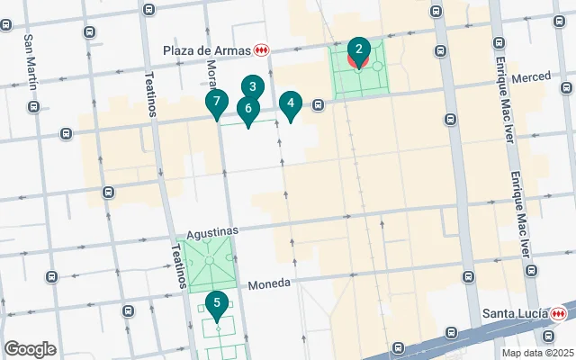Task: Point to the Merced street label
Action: [530, 77]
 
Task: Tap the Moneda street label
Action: [270, 283]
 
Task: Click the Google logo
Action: [30, 349]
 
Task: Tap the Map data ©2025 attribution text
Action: [537, 353]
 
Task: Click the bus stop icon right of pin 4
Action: [319, 105]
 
